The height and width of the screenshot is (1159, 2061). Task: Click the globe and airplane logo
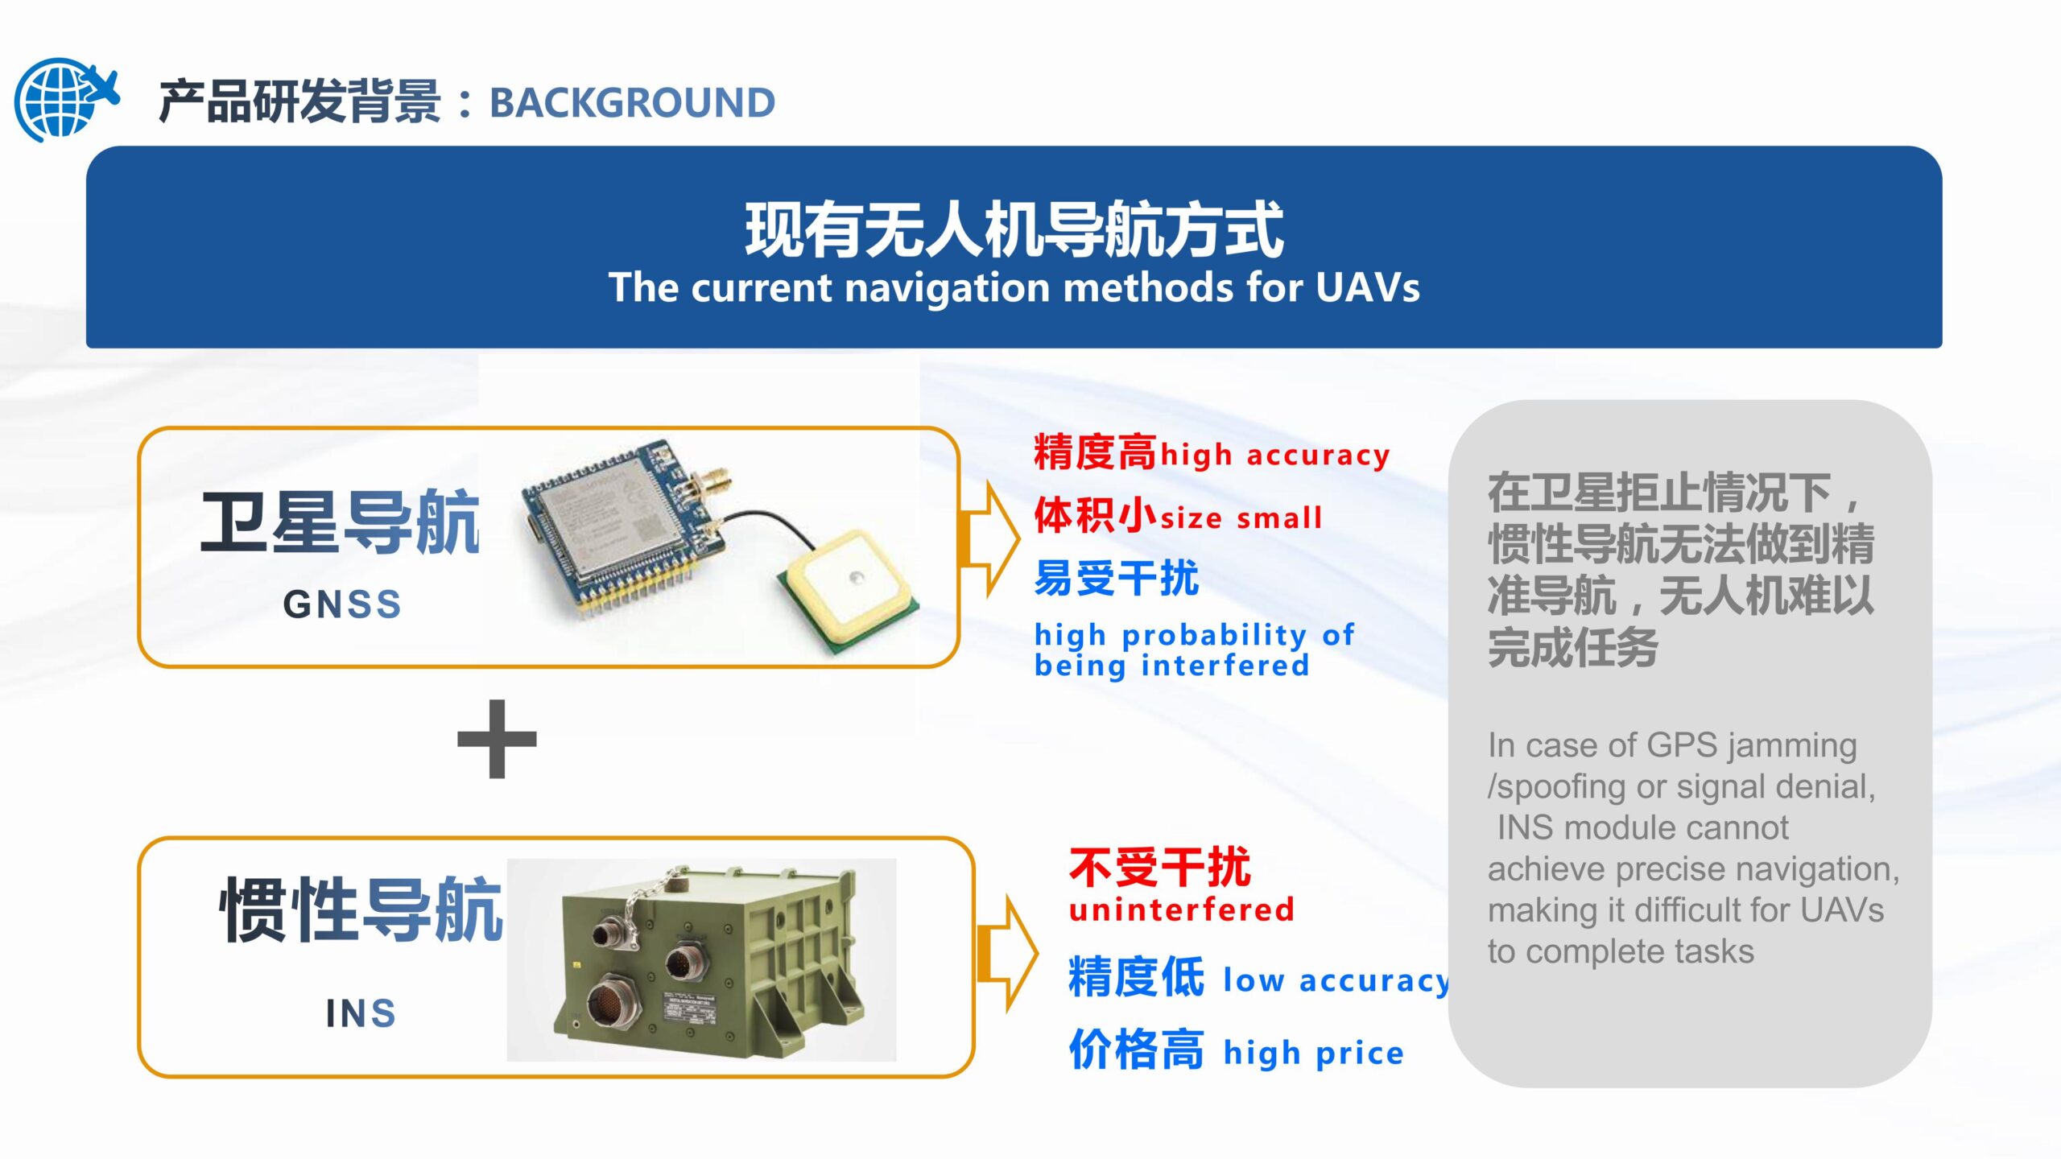point(66,98)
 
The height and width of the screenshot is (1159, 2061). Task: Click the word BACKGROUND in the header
point(632,103)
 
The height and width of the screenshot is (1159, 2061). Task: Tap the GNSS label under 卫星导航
point(342,604)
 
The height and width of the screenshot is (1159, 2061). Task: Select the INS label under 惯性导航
point(361,1013)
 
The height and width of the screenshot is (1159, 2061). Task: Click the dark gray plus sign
point(497,739)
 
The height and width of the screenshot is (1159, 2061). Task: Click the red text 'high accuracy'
point(1275,456)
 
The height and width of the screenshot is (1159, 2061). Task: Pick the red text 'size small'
point(1241,518)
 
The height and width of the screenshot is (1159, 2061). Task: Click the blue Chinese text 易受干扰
point(1117,578)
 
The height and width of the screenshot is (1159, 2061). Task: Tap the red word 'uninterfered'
point(1182,909)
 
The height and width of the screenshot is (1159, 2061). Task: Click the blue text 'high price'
point(1314,1054)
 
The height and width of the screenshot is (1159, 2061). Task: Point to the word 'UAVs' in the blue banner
point(1368,287)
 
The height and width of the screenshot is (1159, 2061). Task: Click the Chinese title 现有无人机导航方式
point(1014,230)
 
